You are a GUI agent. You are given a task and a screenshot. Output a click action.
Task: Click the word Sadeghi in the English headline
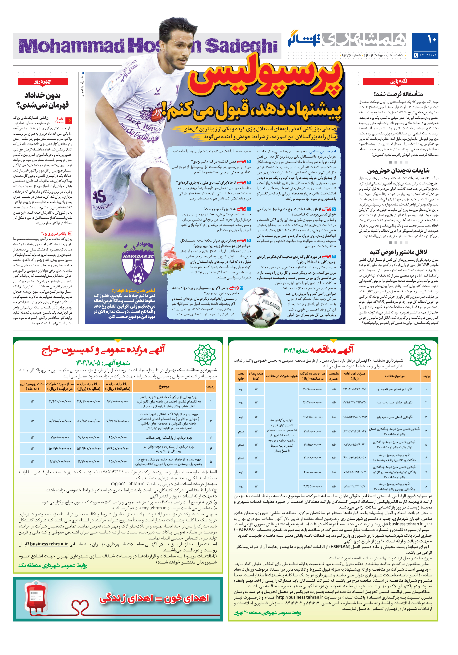241,46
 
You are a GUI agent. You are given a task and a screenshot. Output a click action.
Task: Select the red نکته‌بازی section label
398,81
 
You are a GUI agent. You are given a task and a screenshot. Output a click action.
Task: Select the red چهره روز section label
42,81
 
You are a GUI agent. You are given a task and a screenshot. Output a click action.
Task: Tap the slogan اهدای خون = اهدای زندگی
154,598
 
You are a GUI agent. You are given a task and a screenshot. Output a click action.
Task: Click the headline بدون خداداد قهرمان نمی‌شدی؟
42,100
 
